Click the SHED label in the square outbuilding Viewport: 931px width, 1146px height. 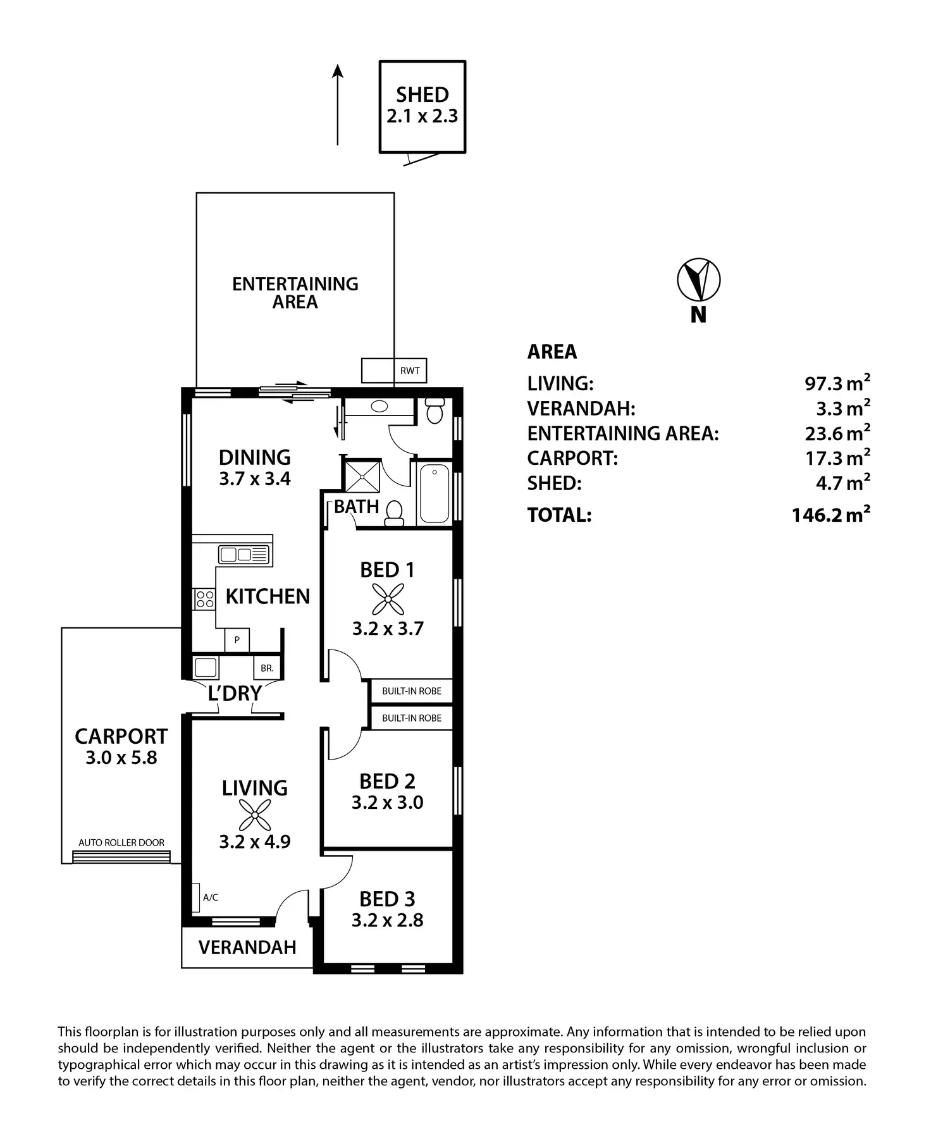pyautogui.click(x=422, y=95)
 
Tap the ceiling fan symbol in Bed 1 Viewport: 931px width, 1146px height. pyautogui.click(x=388, y=599)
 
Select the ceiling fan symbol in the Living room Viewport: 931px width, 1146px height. pyautogui.click(x=255, y=815)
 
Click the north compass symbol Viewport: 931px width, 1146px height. pyautogui.click(x=698, y=279)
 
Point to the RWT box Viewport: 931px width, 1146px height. pyautogui.click(x=409, y=371)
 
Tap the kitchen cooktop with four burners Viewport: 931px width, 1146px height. pyautogui.click(x=204, y=598)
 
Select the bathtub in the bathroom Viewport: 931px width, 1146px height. pyautogui.click(x=435, y=493)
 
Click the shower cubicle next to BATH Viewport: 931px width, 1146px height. pyautogui.click(x=362, y=476)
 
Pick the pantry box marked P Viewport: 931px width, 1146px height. pyautogui.click(x=237, y=640)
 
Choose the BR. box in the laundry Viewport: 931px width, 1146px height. pyautogui.click(x=266, y=668)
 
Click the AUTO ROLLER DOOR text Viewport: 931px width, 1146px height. pyautogui.click(x=121, y=842)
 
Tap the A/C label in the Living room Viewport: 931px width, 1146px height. pyautogui.click(x=211, y=897)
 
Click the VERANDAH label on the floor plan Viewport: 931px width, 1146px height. pyautogui.click(x=247, y=947)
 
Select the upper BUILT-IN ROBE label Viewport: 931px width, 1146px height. pyautogui.click(x=412, y=691)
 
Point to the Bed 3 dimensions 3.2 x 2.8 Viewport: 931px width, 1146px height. pyautogui.click(x=387, y=920)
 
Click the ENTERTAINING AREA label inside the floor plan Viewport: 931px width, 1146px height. pyautogui.click(x=295, y=293)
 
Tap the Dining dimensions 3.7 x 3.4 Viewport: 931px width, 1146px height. pyautogui.click(x=255, y=479)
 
